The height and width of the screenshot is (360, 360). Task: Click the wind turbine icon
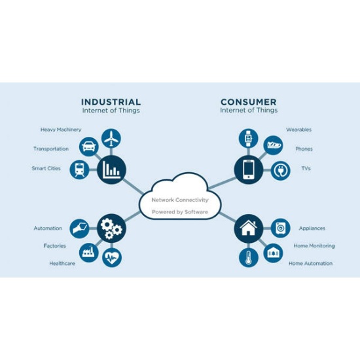point(111,138)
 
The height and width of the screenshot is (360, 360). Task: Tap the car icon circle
point(89,147)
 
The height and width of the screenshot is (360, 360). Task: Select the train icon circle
point(79,170)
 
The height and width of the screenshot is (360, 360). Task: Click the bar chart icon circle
point(111,170)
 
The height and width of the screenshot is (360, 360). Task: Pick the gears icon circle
point(111,228)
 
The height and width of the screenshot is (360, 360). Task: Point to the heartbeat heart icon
point(112,258)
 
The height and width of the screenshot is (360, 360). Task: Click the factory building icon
point(88,251)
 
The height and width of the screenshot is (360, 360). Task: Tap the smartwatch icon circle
point(249,139)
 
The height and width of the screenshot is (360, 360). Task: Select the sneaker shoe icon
point(274,145)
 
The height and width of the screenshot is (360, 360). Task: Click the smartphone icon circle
point(249,170)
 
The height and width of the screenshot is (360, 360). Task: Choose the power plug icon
point(281,171)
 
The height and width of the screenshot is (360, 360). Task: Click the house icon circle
point(249,228)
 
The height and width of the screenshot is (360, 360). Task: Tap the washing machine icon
point(280,228)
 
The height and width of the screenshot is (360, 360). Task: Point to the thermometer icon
point(249,258)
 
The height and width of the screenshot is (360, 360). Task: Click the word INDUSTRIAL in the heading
point(111,102)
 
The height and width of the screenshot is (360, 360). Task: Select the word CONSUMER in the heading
point(249,102)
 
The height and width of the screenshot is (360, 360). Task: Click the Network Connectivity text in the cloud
point(180,200)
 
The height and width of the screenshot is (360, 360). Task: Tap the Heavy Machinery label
point(61,130)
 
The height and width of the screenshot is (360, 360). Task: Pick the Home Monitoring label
point(314,246)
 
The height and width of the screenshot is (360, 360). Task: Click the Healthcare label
point(62,263)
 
